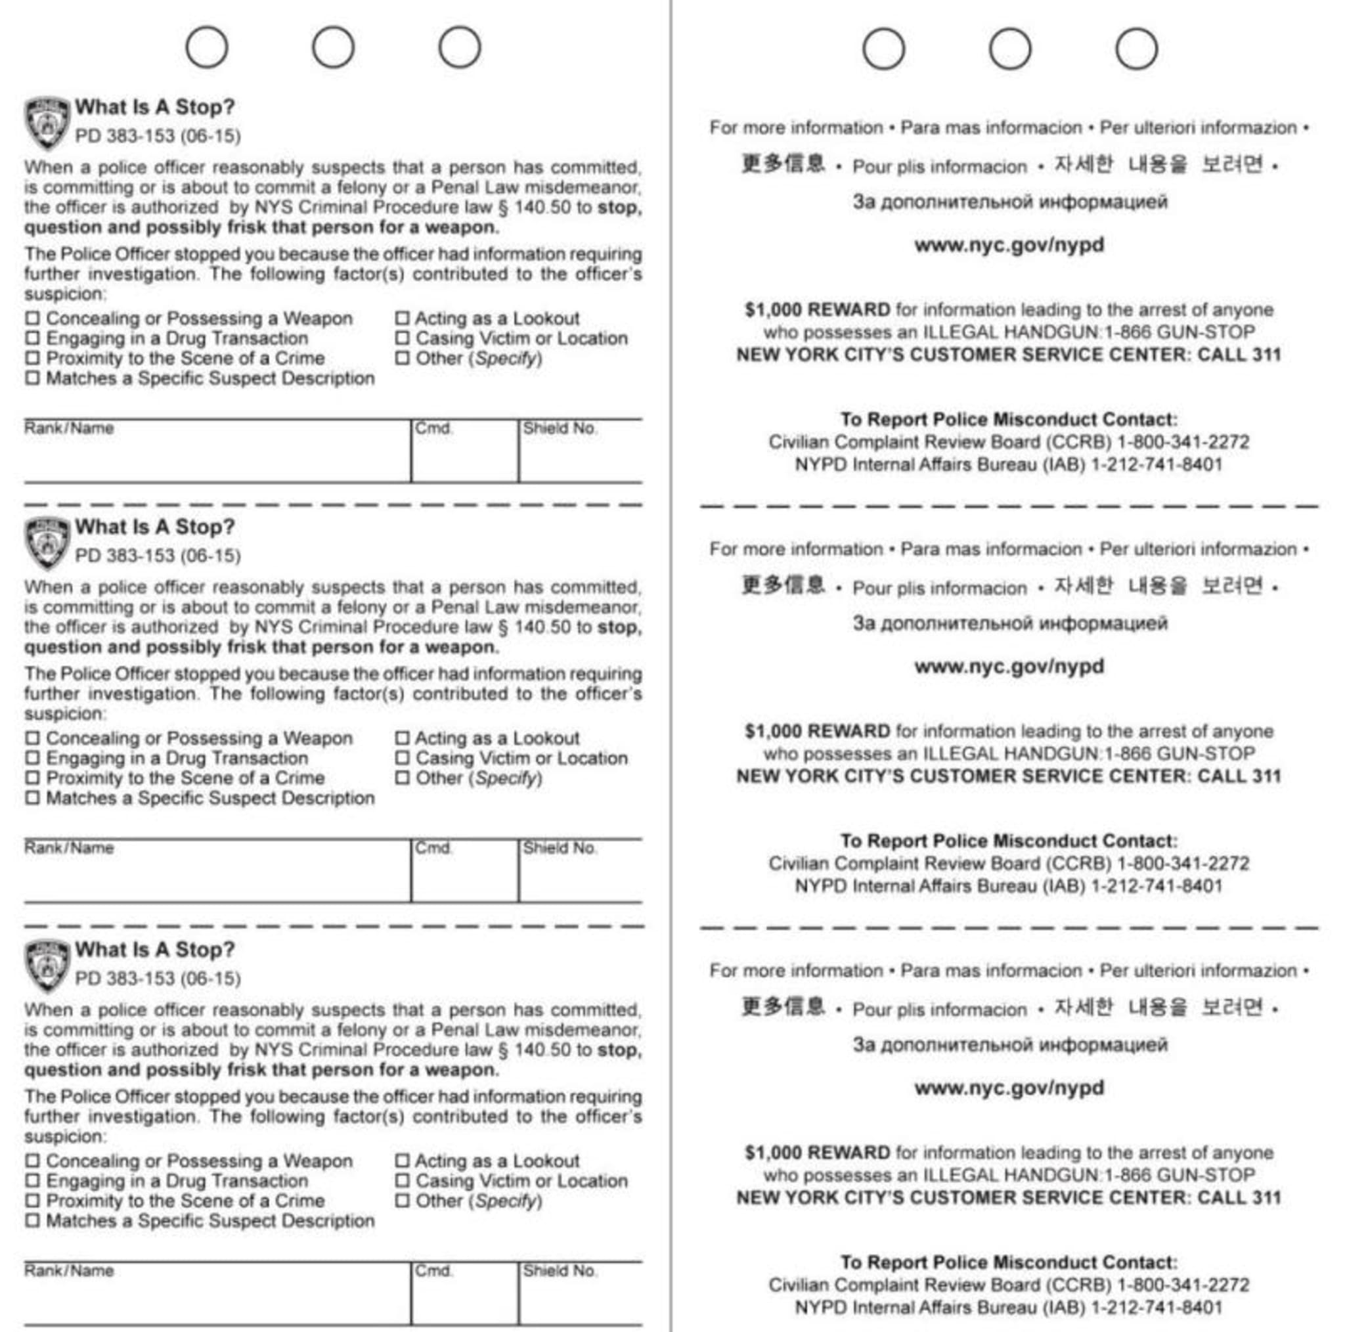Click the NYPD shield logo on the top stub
pos(47,123)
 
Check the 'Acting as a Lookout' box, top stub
pos(403,318)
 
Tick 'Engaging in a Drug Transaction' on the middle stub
pos(32,757)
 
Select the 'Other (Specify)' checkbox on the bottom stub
pos(403,1201)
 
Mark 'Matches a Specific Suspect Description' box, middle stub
pos(32,798)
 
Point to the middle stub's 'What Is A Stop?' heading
pos(154,527)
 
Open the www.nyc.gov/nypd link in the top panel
pos(1009,245)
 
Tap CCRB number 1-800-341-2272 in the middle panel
pos(1183,864)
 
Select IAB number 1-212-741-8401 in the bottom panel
pos(1157,1307)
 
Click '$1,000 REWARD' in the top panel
pos(816,310)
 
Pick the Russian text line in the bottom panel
pos(1010,1044)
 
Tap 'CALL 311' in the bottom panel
pos(1239,1197)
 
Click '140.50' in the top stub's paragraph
pos(542,208)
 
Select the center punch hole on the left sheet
pos(333,47)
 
